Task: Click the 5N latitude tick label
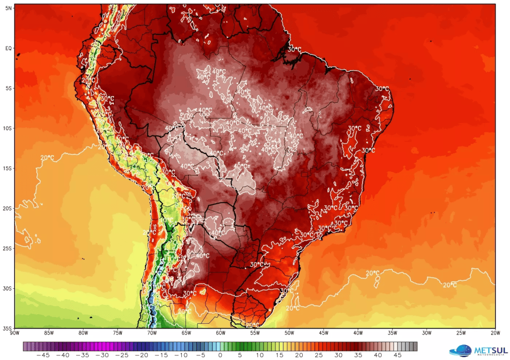coord(8,8)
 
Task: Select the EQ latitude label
coord(8,48)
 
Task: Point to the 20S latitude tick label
coord(7,208)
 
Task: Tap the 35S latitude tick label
coord(7,329)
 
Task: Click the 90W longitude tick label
coord(14,333)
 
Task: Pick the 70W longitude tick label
coord(152,333)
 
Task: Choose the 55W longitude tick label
coord(255,333)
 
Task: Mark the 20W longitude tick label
coord(495,333)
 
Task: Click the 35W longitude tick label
coord(392,333)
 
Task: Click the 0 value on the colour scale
coord(220,355)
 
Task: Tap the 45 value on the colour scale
coord(397,355)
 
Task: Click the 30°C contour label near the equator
coord(294,49)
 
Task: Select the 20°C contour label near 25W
coord(450,285)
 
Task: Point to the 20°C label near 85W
coord(47,158)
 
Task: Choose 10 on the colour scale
coord(259,355)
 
